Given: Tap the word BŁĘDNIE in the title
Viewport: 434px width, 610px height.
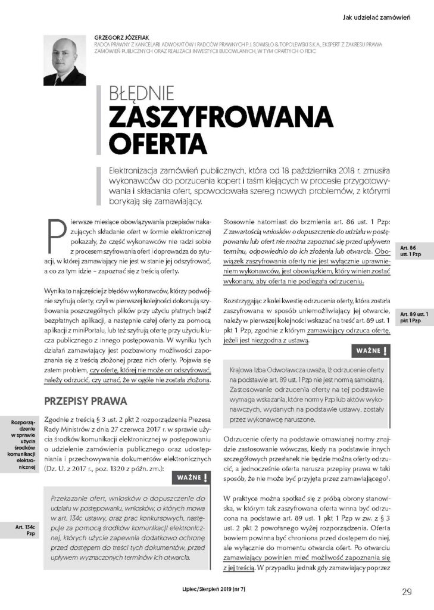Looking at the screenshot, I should point(141,95).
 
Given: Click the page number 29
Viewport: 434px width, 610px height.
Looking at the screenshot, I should point(407,592).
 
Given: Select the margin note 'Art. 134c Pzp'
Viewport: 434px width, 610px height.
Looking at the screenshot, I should point(26,531).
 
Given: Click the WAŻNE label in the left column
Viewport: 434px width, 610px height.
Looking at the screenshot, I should point(189,478).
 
